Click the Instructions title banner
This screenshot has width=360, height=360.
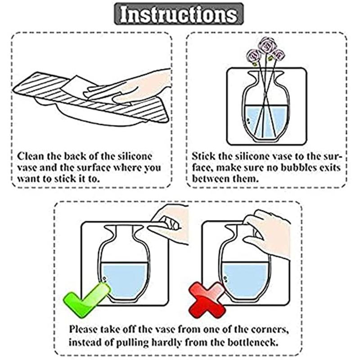[x=179, y=14]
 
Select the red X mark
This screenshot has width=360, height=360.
[x=207, y=300]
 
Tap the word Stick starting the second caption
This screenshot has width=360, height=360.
[x=203, y=156]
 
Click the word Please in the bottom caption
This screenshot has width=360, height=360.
[x=83, y=329]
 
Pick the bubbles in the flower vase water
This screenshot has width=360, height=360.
[x=249, y=121]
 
